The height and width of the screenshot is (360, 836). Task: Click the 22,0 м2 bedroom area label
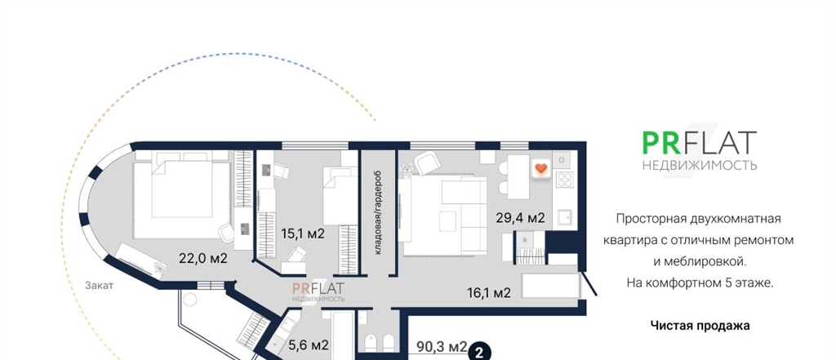[203, 259]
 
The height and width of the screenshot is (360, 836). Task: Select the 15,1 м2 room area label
[303, 233]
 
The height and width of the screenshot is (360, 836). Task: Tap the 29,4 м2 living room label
[520, 218]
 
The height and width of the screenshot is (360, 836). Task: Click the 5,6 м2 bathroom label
[308, 345]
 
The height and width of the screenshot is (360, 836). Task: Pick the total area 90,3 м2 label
[442, 347]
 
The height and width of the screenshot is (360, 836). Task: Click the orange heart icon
[540, 168]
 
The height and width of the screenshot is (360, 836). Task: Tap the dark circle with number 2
[479, 352]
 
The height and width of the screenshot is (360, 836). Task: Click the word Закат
[99, 286]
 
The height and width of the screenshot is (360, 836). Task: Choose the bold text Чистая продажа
[700, 326]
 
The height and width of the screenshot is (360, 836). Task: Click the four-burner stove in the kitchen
[565, 180]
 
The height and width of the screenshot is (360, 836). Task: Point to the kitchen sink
[565, 218]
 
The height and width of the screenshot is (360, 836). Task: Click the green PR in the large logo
[660, 142]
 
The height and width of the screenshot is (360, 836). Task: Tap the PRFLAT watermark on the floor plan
[318, 291]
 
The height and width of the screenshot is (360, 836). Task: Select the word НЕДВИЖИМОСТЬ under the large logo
[700, 165]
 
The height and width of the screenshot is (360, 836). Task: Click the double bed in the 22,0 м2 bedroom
[182, 194]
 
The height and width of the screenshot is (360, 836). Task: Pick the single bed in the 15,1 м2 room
[340, 196]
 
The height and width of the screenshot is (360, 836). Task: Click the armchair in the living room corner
[427, 162]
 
